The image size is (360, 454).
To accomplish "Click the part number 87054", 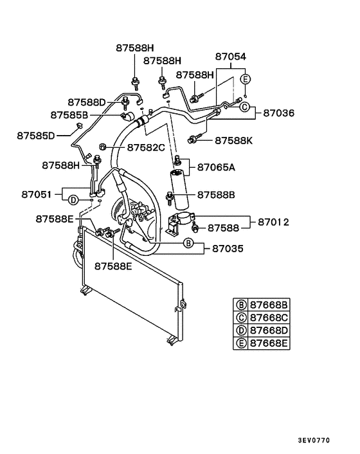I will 231,57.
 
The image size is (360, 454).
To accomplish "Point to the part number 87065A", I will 216,167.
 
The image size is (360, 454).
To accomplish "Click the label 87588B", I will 217,194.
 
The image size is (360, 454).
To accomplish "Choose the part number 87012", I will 274,222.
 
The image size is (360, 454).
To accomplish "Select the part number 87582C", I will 146,148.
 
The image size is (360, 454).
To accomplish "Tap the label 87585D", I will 36,135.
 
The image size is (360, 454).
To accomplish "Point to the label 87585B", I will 69,114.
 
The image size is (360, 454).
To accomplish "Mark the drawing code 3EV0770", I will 314,441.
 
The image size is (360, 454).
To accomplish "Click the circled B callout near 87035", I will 188,243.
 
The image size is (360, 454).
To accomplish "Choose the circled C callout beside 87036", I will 244,107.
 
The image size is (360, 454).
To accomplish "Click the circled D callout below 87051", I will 74,201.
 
